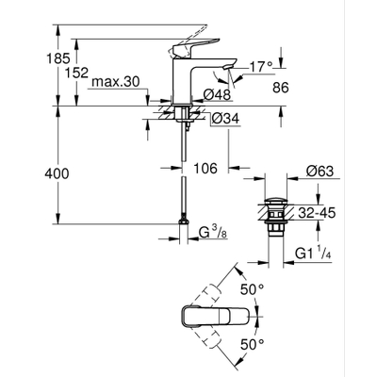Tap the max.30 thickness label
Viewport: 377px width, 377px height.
[x=119, y=83]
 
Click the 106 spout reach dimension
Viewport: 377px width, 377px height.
[x=205, y=169]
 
